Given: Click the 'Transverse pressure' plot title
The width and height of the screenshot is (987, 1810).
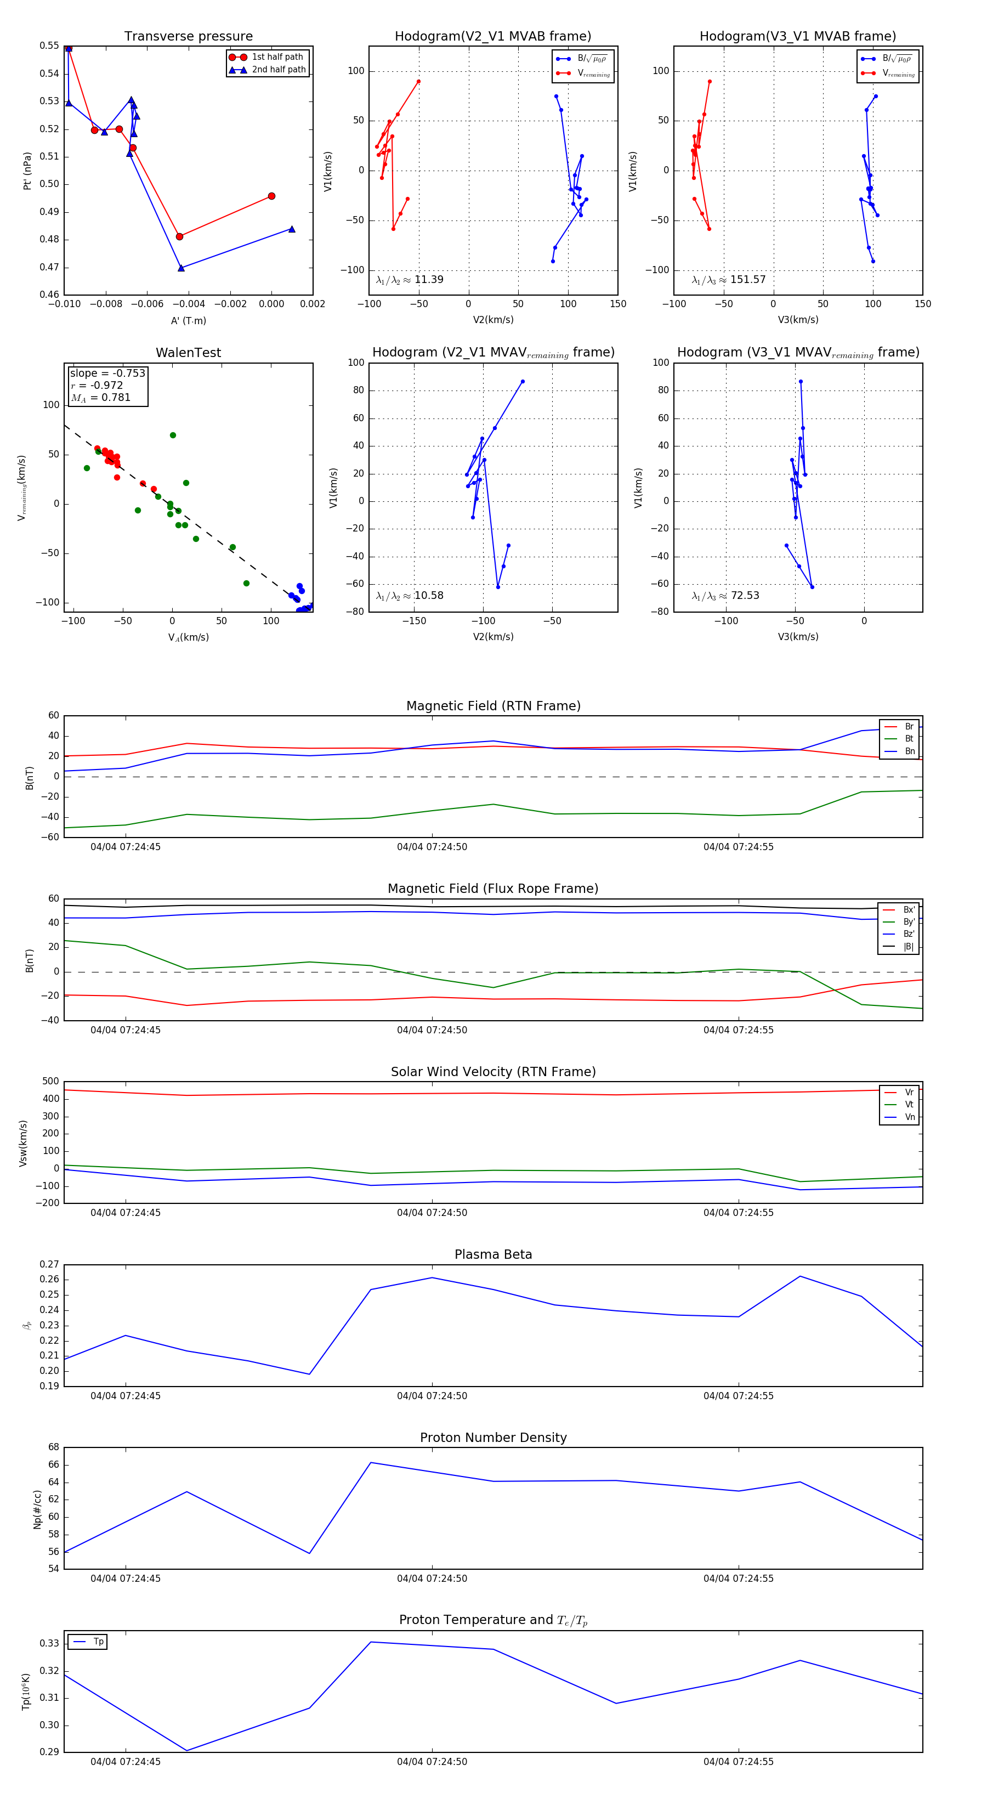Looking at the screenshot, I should pyautogui.click(x=188, y=37).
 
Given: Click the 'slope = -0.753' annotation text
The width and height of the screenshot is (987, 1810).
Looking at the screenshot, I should pyautogui.click(x=107, y=373).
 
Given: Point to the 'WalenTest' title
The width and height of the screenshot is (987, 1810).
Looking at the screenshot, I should pyautogui.click(x=188, y=353).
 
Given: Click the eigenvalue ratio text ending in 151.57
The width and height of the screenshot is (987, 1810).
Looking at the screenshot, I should pyautogui.click(x=729, y=280).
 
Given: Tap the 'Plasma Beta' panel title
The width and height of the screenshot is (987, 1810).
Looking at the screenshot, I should pyautogui.click(x=493, y=1254).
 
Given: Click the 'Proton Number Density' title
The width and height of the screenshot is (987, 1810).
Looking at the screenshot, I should pyautogui.click(x=493, y=1438).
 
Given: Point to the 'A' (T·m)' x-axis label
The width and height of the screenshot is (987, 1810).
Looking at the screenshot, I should pyautogui.click(x=188, y=321).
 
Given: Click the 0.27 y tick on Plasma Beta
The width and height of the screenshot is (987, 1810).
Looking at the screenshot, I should pyautogui.click(x=49, y=1264).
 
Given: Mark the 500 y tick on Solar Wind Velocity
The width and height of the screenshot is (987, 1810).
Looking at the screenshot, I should pyautogui.click(x=50, y=1082).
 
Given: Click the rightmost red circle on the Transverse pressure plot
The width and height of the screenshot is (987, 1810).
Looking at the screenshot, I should pyautogui.click(x=271, y=196).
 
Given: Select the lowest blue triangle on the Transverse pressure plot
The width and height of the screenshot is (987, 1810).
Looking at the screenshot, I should pyautogui.click(x=181, y=268).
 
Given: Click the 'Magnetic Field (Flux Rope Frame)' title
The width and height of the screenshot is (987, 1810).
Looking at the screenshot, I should pyautogui.click(x=493, y=889).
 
